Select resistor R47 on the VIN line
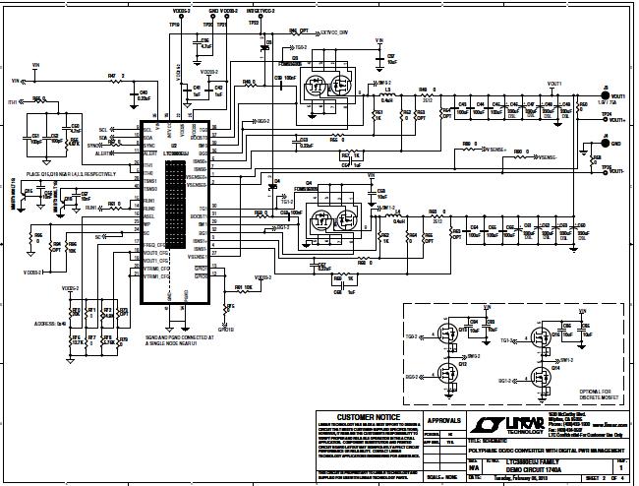pos(116,80)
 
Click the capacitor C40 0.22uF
pos(144,95)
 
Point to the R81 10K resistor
pos(240,289)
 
